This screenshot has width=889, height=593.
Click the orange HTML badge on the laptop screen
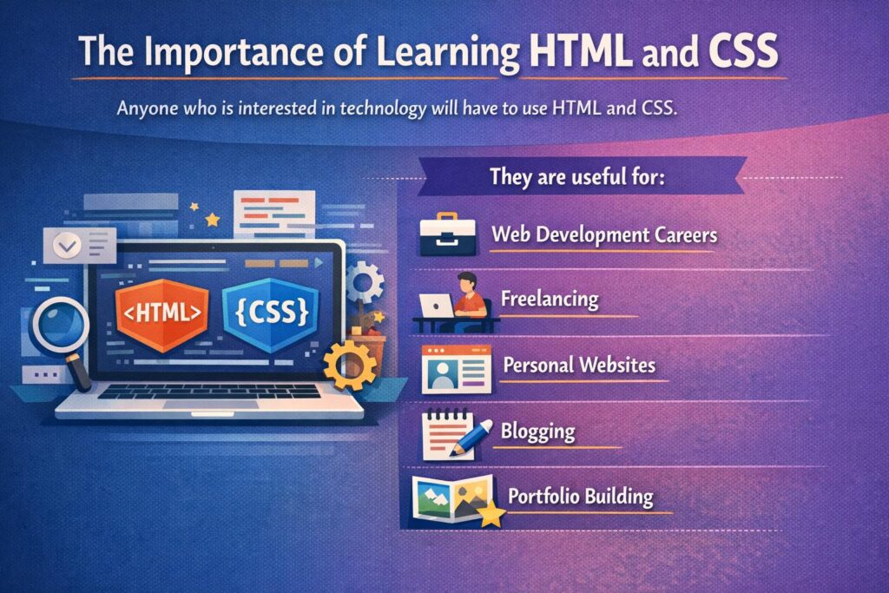[x=162, y=313]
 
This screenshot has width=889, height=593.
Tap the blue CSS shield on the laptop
[x=271, y=313]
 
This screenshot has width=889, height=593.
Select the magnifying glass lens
[x=60, y=326]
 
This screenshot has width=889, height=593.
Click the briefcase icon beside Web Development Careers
[x=447, y=234]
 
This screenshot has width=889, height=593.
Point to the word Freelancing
[x=550, y=299]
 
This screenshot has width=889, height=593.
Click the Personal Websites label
[x=579, y=365]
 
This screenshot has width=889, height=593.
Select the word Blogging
[x=537, y=432]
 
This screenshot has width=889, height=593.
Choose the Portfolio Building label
[x=580, y=496]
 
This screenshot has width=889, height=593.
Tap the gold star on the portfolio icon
[x=491, y=514]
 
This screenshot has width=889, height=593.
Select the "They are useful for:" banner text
[x=576, y=176]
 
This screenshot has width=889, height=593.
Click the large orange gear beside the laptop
[x=350, y=366]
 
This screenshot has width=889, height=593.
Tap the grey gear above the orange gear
[x=365, y=282]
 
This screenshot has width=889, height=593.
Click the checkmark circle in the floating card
[x=67, y=246]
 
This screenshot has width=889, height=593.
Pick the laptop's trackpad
[x=211, y=405]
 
